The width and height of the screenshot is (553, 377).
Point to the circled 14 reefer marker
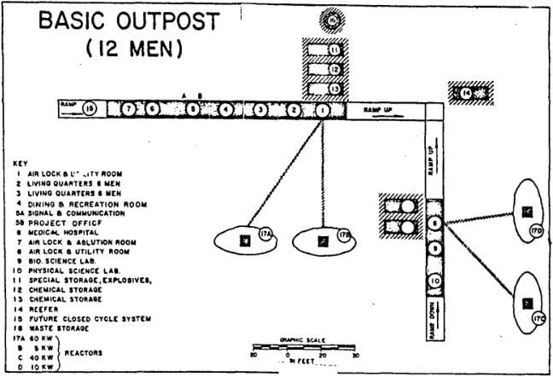(x=466, y=93)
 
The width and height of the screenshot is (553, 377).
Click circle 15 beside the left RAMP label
(x=90, y=109)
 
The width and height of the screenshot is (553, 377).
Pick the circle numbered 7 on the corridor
(x=129, y=110)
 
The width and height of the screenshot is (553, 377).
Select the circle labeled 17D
(x=536, y=229)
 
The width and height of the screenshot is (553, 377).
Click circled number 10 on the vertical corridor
(x=434, y=281)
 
